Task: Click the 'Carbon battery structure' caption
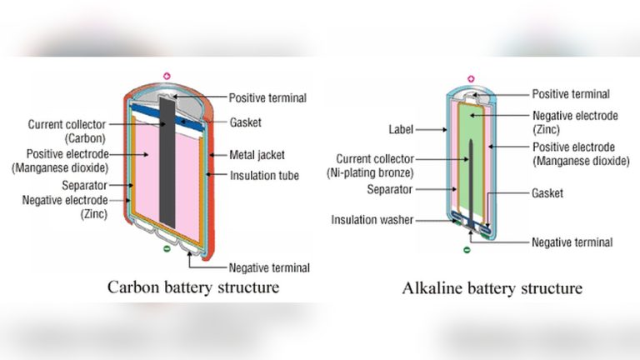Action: pos(192,288)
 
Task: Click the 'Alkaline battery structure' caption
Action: pos(492,288)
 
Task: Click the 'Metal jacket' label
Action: pos(257,155)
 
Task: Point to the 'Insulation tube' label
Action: pos(263,175)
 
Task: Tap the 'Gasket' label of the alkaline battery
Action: pos(547,192)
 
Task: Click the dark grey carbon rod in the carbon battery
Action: pos(167,167)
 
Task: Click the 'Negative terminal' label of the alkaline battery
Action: pos(572,242)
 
